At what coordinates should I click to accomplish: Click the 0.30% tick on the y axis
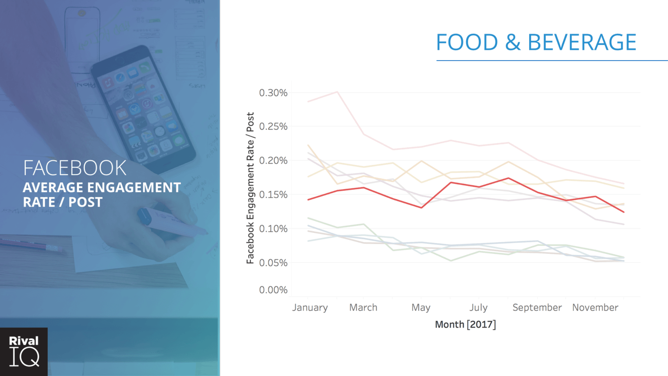pyautogui.click(x=273, y=93)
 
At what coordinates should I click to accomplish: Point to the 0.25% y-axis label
pyautogui.click(x=273, y=126)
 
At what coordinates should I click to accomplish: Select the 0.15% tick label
pyautogui.click(x=273, y=195)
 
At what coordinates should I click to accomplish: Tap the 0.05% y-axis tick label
pyautogui.click(x=273, y=263)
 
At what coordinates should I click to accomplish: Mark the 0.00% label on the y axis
pyautogui.click(x=273, y=290)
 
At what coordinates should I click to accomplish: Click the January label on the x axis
pyautogui.click(x=310, y=308)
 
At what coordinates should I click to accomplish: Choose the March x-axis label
pyautogui.click(x=363, y=308)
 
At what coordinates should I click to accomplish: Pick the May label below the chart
pyautogui.click(x=420, y=308)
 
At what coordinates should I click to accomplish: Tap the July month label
pyautogui.click(x=478, y=308)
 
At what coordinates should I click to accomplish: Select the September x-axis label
pyautogui.click(x=537, y=308)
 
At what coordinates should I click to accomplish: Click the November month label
pyautogui.click(x=595, y=308)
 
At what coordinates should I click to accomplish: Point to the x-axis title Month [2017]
pyautogui.click(x=465, y=324)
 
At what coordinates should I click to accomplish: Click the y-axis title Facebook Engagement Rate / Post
pyautogui.click(x=250, y=188)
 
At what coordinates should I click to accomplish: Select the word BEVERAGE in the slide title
pyautogui.click(x=582, y=43)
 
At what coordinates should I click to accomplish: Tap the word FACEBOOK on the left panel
pyautogui.click(x=74, y=168)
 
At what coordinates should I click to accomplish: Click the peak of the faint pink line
pyautogui.click(x=337, y=92)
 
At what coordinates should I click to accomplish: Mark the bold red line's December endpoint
pyautogui.click(x=624, y=212)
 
